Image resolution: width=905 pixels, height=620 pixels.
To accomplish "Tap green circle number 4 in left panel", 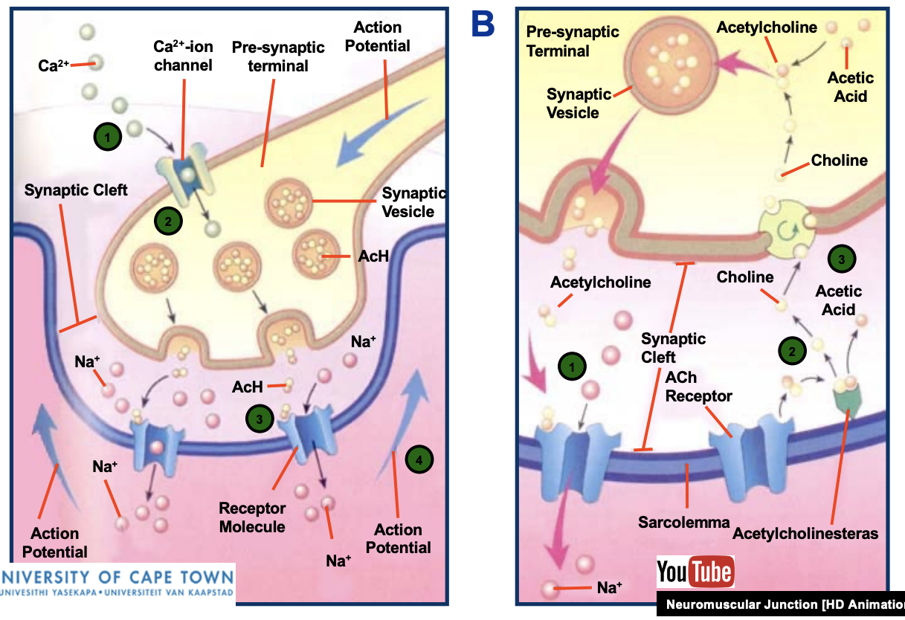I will click(x=419, y=460).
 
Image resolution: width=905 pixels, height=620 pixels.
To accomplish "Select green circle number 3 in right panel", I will click(x=841, y=259).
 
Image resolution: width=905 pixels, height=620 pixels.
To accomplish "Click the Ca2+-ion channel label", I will click(x=183, y=56).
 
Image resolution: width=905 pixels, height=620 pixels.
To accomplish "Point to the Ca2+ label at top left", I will click(x=54, y=65).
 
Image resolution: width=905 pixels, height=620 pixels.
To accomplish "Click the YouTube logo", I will click(x=695, y=572).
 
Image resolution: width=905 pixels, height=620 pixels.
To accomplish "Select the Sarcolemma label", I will click(x=683, y=522).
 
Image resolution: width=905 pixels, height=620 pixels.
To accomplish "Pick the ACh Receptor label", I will click(x=698, y=387).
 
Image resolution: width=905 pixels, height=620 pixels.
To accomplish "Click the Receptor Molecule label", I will click(x=252, y=517).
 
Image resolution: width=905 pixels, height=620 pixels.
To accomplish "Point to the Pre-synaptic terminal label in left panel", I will click(x=278, y=56).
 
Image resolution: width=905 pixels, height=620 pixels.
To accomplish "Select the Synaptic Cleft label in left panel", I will click(x=75, y=190).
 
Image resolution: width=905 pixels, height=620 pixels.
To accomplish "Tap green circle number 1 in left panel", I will click(x=107, y=136).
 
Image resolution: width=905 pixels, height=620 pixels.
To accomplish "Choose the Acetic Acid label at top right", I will click(x=850, y=87).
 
